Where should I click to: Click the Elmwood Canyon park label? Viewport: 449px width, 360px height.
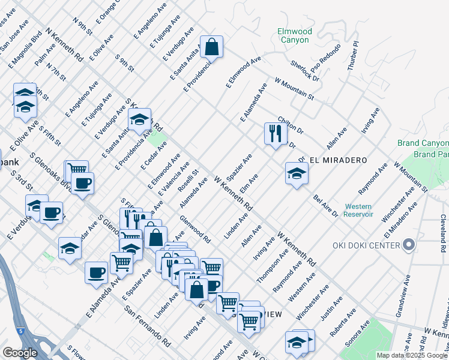pyautogui.click(x=293, y=35)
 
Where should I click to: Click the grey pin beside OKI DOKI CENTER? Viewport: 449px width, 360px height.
pyautogui.click(x=409, y=245)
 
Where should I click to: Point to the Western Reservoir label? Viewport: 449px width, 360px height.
pyautogui.click(x=358, y=210)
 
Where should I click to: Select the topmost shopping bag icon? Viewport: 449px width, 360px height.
pyautogui.click(x=212, y=46)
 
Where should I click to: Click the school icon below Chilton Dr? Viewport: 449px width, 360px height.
pyautogui.click(x=296, y=173)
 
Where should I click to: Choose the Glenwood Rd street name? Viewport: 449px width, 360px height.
pyautogui.click(x=195, y=229)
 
